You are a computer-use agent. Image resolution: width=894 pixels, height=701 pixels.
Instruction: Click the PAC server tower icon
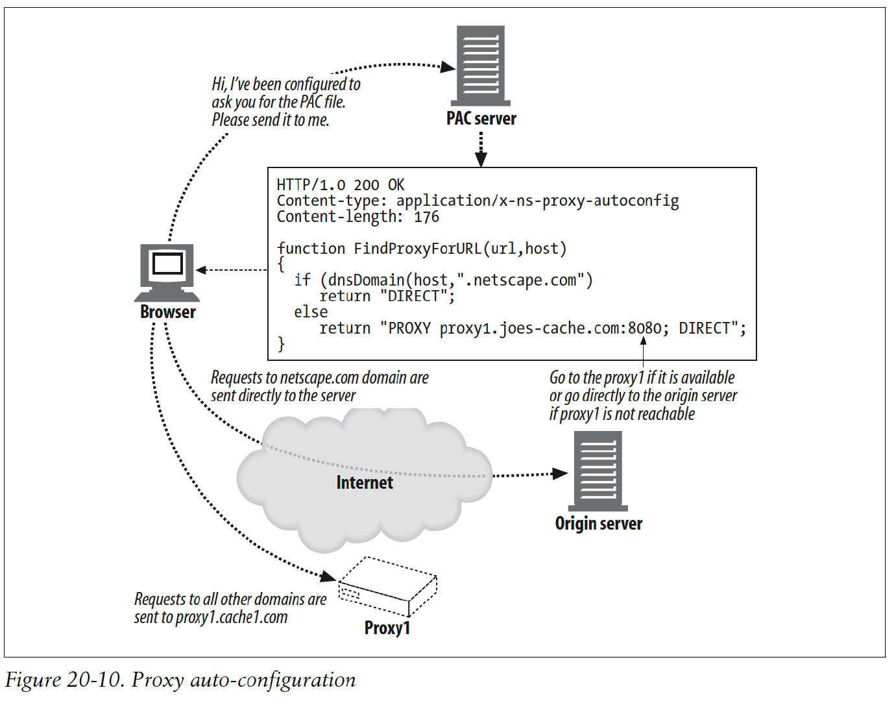481,65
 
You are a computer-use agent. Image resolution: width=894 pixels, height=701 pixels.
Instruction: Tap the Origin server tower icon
598,471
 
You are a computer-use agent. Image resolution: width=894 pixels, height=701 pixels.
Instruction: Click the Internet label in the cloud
364,482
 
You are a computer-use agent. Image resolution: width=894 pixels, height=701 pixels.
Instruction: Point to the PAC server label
481,119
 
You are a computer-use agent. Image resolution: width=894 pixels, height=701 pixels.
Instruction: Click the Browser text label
167,312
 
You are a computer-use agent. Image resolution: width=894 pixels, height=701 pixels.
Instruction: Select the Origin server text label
598,524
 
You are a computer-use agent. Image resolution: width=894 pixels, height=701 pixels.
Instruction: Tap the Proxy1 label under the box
387,628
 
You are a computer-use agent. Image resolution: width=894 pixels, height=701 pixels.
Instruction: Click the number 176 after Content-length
426,217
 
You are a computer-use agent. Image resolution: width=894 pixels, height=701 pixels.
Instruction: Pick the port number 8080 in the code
644,328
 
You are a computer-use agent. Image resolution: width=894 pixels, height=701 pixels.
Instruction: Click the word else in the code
311,312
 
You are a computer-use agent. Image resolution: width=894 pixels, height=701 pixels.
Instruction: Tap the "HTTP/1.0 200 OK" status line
341,185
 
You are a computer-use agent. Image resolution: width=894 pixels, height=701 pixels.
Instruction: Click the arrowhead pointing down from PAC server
481,160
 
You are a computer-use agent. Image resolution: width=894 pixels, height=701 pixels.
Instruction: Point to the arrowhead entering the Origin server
560,473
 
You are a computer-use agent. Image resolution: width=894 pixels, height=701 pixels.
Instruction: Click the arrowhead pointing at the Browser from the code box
202,270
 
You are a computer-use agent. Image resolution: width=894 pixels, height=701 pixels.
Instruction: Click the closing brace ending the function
281,344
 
